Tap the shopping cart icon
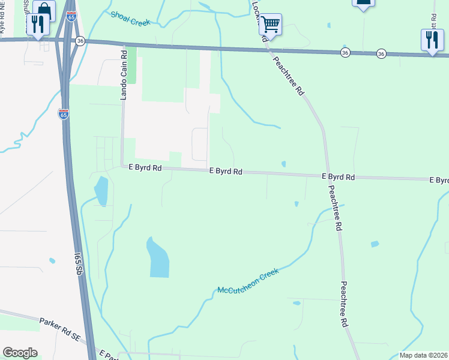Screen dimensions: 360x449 [271, 24]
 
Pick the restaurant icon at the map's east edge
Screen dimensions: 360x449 [432, 40]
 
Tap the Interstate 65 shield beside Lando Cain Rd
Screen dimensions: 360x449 [64, 113]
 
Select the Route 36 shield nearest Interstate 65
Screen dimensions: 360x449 [80, 41]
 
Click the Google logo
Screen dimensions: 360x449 [20, 353]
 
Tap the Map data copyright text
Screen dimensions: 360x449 [423, 355]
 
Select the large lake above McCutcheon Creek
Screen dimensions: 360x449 [158, 258]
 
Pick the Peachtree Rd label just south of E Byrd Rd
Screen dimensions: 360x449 [335, 207]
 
